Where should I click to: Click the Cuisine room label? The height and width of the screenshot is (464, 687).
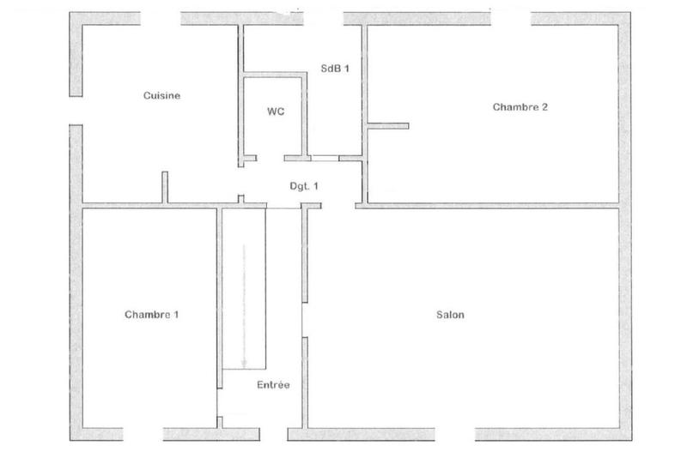pyautogui.click(x=161, y=96)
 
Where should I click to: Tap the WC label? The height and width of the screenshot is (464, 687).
pyautogui.click(x=276, y=112)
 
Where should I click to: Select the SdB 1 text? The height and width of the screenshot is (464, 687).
pyautogui.click(x=334, y=69)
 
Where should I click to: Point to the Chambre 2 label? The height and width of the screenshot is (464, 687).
pyautogui.click(x=520, y=107)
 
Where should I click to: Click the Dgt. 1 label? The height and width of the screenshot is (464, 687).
pyautogui.click(x=304, y=185)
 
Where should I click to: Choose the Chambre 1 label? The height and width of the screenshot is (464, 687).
pyautogui.click(x=152, y=315)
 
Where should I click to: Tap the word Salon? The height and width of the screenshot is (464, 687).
pyautogui.click(x=450, y=315)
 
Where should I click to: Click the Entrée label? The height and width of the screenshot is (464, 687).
pyautogui.click(x=273, y=385)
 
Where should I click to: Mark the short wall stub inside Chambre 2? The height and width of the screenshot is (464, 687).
pyautogui.click(x=387, y=127)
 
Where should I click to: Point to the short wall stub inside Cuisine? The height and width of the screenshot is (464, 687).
pyautogui.click(x=163, y=187)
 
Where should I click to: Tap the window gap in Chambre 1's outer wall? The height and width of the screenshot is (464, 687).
pyautogui.click(x=143, y=433)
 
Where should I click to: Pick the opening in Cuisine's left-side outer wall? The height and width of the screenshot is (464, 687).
pyautogui.click(x=76, y=111)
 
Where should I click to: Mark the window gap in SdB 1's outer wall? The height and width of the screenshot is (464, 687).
pyautogui.click(x=320, y=18)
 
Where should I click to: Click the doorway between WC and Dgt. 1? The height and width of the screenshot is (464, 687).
pyautogui.click(x=270, y=159)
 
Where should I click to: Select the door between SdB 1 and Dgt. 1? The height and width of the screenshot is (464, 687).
pyautogui.click(x=325, y=159)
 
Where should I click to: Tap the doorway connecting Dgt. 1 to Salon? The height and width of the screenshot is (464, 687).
pyautogui.click(x=338, y=206)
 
